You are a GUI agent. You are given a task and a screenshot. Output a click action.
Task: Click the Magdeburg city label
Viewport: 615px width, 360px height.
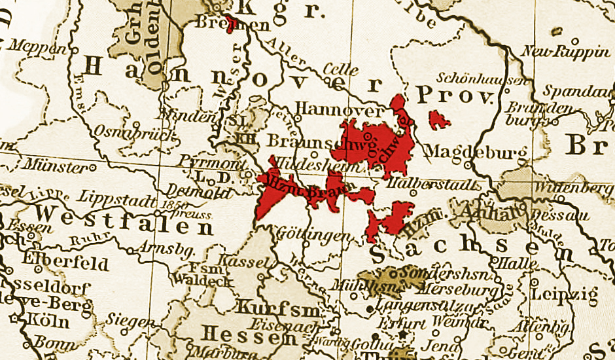(x=476, y=152)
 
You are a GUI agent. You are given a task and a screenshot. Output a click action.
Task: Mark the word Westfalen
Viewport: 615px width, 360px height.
(x=124, y=221)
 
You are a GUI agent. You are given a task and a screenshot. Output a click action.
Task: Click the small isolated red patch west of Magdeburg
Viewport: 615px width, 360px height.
(x=440, y=119)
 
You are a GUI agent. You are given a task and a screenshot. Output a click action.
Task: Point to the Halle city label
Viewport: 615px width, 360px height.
(x=513, y=262)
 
